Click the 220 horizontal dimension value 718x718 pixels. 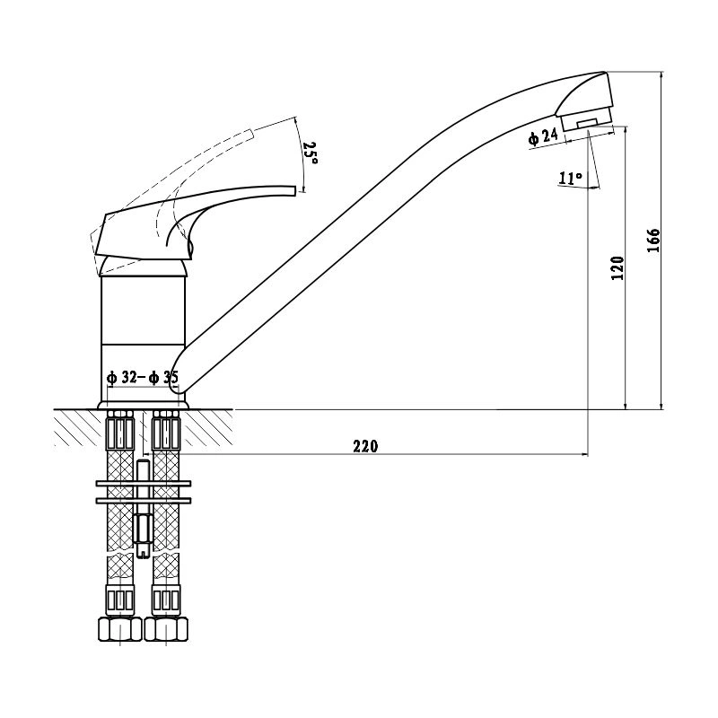click(x=365, y=445)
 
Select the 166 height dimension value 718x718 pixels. click(x=653, y=240)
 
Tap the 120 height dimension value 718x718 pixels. click(x=617, y=267)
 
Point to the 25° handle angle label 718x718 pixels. click(x=310, y=153)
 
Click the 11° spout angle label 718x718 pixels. click(x=570, y=178)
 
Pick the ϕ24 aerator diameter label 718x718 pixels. click(x=544, y=136)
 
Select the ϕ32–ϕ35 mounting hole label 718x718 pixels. click(x=142, y=377)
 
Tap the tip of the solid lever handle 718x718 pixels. click(x=295, y=189)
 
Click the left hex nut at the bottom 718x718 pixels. click(x=120, y=629)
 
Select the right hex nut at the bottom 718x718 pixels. click(x=166, y=629)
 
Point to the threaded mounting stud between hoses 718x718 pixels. click(x=144, y=508)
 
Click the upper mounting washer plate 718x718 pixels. click(x=144, y=483)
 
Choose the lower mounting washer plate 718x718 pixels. click(x=144, y=501)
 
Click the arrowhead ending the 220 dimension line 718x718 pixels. click(x=585, y=454)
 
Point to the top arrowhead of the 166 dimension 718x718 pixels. click(x=661, y=75)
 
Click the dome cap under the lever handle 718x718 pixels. click(x=143, y=267)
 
